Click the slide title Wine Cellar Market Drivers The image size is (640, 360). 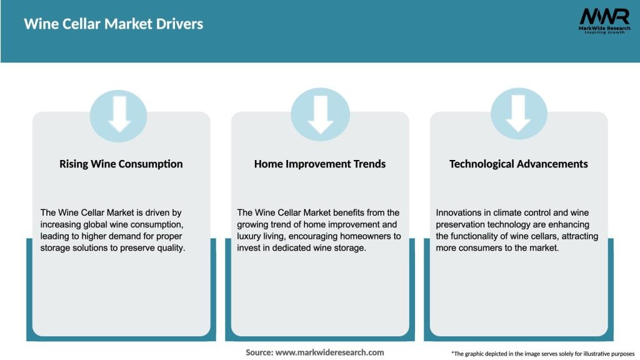coord(114,24)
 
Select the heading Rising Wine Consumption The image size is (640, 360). coord(121,164)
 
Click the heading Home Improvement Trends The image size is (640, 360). coord(319,164)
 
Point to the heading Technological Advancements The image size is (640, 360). coord(518,164)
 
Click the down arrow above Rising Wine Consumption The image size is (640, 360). coord(119,114)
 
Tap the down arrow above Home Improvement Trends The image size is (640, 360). coord(321,115)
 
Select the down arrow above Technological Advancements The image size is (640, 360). coord(518,114)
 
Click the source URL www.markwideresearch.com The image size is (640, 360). coord(330,352)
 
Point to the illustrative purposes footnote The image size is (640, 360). coord(543,354)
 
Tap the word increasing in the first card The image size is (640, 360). coord(61,224)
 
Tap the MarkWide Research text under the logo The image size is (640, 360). coord(604,28)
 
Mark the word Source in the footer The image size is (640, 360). coord(259,352)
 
